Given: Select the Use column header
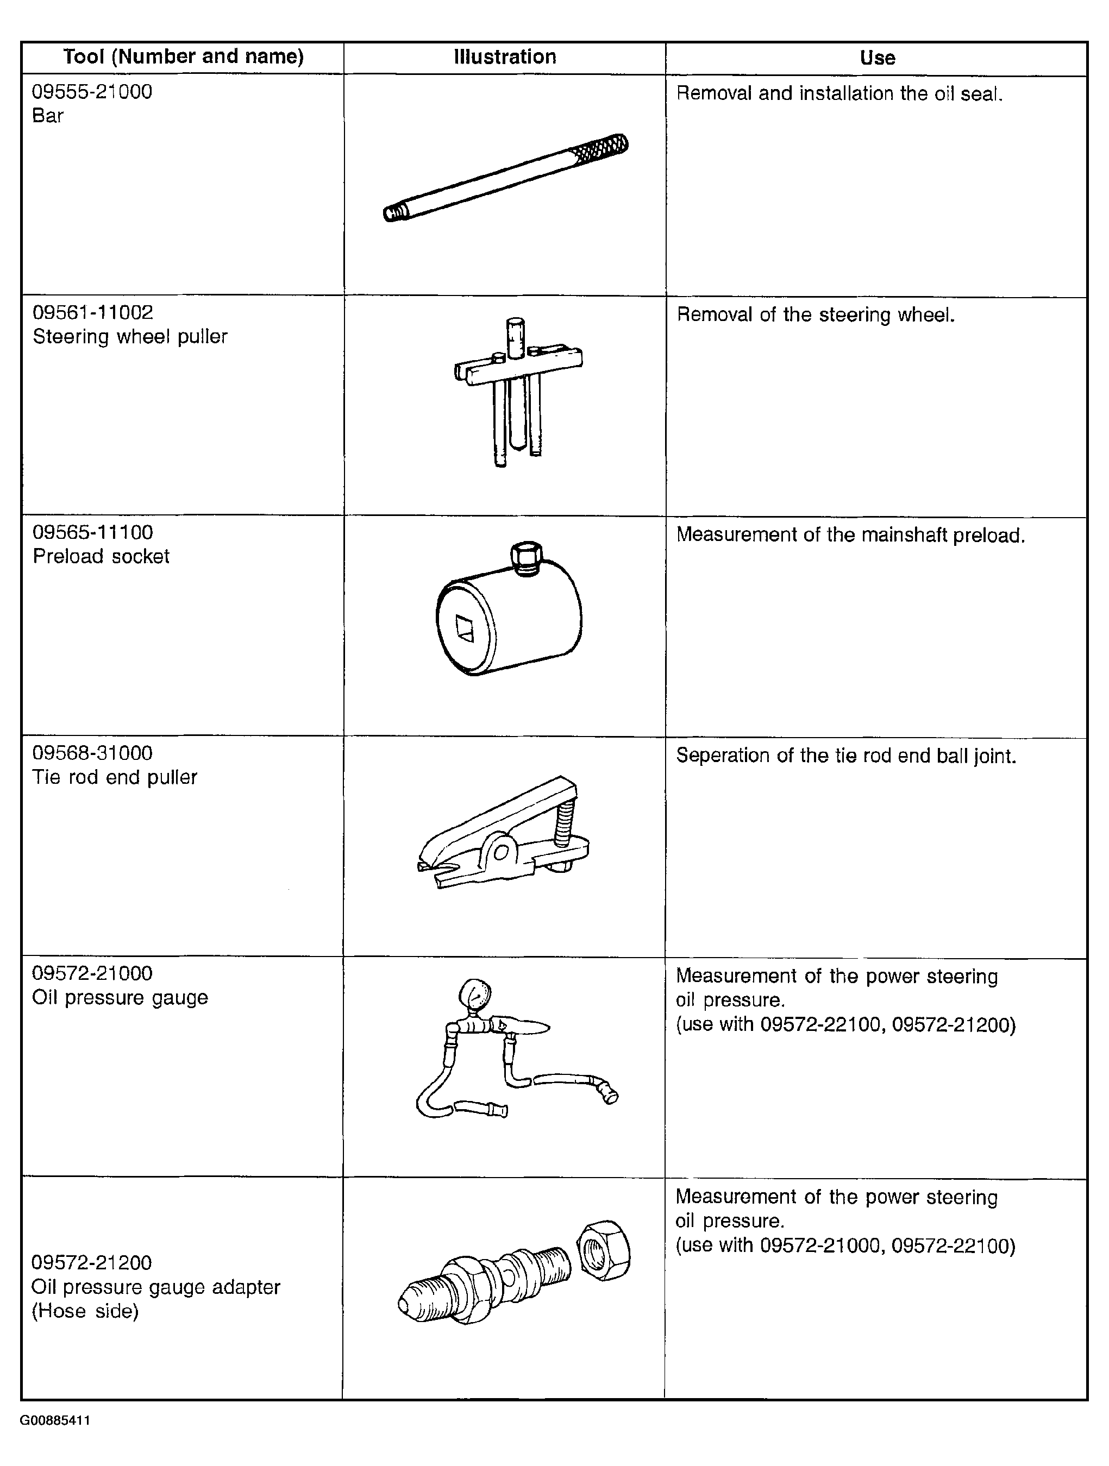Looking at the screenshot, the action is [878, 58].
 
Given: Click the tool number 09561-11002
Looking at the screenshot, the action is [93, 312].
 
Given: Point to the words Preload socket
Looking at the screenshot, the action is [101, 556].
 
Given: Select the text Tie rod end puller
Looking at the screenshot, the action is [115, 777].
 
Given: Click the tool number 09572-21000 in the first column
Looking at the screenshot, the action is [92, 973].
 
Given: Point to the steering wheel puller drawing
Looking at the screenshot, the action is [518, 392].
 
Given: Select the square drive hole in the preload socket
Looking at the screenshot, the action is [465, 627].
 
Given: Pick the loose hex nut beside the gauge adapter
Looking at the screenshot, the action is [604, 1251].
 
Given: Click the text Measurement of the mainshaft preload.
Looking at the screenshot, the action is [850, 535].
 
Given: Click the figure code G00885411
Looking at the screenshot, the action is [55, 1420].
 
